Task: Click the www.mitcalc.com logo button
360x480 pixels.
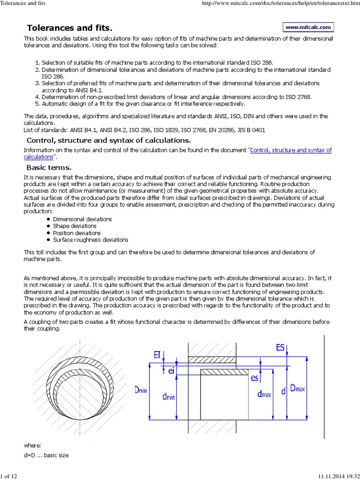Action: (308, 28)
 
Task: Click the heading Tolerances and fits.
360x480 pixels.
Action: (70, 29)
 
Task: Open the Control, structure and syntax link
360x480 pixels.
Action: (291, 150)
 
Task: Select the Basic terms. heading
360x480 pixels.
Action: (49, 168)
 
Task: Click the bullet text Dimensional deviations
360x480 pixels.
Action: (82, 219)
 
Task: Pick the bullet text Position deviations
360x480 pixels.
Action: (77, 233)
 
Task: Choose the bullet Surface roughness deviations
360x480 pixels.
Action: (90, 240)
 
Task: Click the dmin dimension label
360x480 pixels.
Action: (169, 397)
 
